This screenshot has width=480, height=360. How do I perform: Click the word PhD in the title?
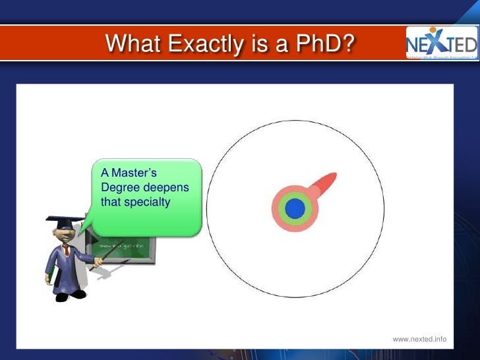(324, 44)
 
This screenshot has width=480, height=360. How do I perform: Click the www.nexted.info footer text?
(419, 339)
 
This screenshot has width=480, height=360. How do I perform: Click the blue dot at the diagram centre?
(295, 209)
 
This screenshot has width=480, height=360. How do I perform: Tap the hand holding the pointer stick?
(98, 263)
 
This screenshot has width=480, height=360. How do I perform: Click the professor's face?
(67, 234)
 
